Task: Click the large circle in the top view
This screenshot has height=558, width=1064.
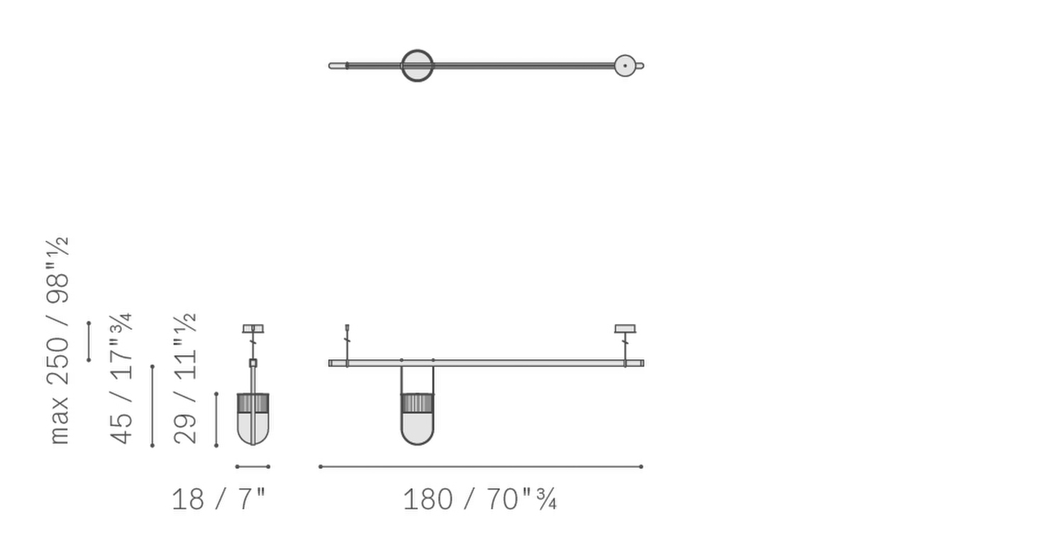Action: [417, 66]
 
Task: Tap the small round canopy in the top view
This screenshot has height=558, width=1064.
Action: [624, 66]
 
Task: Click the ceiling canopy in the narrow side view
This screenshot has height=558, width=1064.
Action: [253, 329]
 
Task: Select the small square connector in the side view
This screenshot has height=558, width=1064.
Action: [253, 363]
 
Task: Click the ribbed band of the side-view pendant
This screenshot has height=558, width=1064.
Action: [253, 403]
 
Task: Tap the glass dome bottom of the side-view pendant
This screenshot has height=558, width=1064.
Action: [253, 430]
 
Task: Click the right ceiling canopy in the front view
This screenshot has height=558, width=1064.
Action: [625, 329]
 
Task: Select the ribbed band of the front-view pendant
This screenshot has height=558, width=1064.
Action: [417, 403]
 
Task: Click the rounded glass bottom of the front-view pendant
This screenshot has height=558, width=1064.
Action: [417, 430]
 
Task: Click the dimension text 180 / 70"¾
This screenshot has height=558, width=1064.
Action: [480, 500]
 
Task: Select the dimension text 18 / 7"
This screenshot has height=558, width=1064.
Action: [218, 500]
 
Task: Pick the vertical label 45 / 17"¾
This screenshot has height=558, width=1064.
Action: [121, 379]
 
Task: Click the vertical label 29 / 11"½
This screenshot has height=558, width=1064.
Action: [185, 379]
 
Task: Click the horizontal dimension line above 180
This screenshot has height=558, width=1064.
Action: [480, 467]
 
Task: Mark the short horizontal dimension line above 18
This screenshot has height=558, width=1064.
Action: [253, 467]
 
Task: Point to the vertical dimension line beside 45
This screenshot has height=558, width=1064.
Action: [153, 406]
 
